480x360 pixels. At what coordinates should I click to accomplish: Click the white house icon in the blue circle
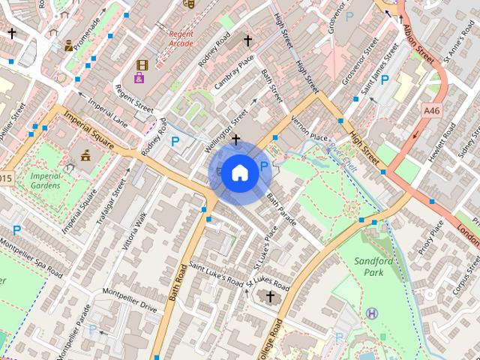[x=239, y=172]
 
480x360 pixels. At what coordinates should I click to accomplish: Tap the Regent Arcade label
[x=181, y=39]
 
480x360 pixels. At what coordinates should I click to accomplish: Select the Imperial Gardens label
[x=46, y=181]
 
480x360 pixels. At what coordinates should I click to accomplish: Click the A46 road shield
[x=431, y=110]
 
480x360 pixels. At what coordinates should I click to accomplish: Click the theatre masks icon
[x=189, y=3]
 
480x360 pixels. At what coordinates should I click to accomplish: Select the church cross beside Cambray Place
[x=247, y=40]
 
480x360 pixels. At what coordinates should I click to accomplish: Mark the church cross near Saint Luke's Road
[x=270, y=297]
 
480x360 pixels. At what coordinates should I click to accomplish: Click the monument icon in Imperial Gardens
[x=85, y=155]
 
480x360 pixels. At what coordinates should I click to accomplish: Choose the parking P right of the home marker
[x=264, y=166]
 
